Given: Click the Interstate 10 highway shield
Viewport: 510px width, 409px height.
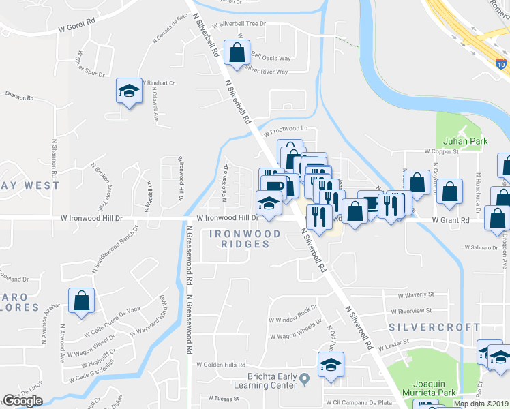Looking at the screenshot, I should [501, 64].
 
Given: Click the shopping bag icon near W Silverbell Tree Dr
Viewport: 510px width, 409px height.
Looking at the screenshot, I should [236, 53].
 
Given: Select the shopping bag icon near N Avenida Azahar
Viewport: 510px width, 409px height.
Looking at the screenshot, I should [81, 302].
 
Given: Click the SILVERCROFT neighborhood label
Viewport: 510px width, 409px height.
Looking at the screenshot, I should [434, 327].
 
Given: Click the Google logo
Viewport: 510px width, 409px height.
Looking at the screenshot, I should [22, 401].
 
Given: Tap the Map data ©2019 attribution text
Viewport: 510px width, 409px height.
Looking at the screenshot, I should [481, 404].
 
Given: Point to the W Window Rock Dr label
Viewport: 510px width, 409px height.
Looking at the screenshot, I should [293, 316].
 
